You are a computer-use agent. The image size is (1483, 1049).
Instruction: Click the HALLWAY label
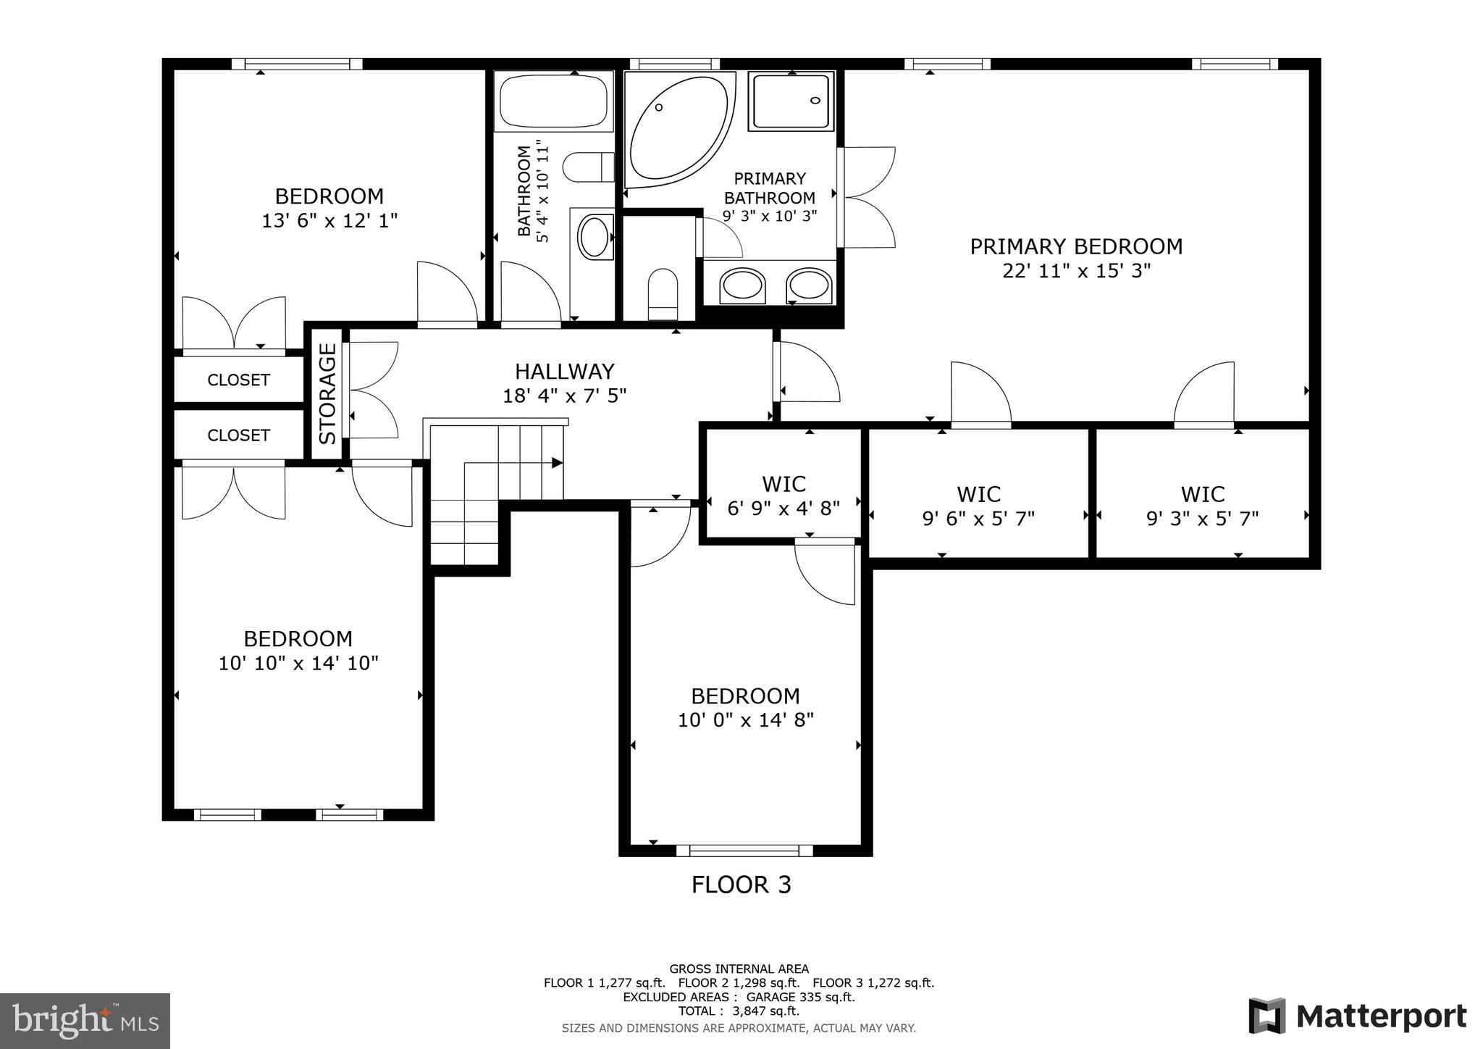pos(564,372)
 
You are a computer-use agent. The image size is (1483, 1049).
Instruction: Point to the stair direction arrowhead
pos(558,463)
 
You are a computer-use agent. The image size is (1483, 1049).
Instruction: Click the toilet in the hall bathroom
pos(588,167)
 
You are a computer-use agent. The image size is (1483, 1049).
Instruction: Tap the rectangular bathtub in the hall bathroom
pos(554,101)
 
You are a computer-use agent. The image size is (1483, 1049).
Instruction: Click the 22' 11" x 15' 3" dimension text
pos(1076,271)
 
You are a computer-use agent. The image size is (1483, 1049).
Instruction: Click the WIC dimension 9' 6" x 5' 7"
pos(978,519)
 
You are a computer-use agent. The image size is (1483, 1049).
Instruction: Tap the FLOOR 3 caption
pos(741,885)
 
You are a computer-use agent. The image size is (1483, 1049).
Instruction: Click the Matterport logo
pos(1357,1016)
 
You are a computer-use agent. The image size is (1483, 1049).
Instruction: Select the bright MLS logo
pos(85,1021)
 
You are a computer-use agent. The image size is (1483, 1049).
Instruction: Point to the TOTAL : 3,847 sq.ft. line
pos(739,1011)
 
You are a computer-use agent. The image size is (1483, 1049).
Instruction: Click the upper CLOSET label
pos(238,380)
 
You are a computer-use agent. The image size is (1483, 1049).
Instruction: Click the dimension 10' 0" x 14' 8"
pos(746,720)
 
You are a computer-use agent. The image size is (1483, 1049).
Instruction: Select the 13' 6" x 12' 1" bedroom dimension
pos(329,220)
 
